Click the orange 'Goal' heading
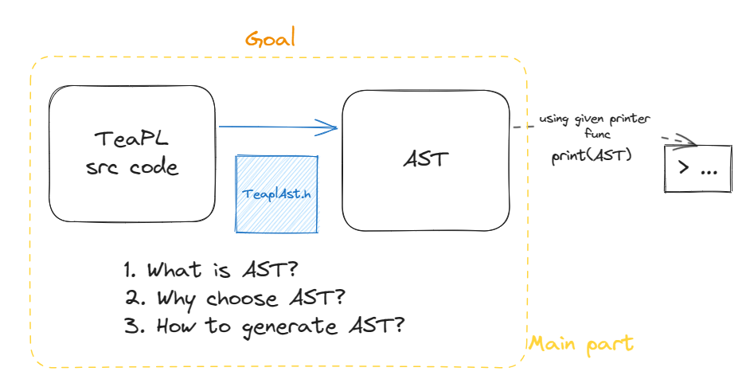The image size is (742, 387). click(270, 38)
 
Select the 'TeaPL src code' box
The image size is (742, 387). click(132, 153)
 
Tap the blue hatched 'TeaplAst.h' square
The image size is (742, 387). click(277, 193)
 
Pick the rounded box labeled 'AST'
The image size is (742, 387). click(425, 159)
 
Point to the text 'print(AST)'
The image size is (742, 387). click(592, 155)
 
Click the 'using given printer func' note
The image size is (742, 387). click(596, 126)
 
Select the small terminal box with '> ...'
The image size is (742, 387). click(697, 168)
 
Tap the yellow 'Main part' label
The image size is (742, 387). click(581, 344)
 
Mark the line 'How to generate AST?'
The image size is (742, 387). click(266, 326)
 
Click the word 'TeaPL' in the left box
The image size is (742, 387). click(132, 139)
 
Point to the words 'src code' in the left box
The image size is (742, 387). click(132, 167)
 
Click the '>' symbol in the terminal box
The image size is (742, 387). click(684, 168)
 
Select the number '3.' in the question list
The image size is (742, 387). click(132, 326)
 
